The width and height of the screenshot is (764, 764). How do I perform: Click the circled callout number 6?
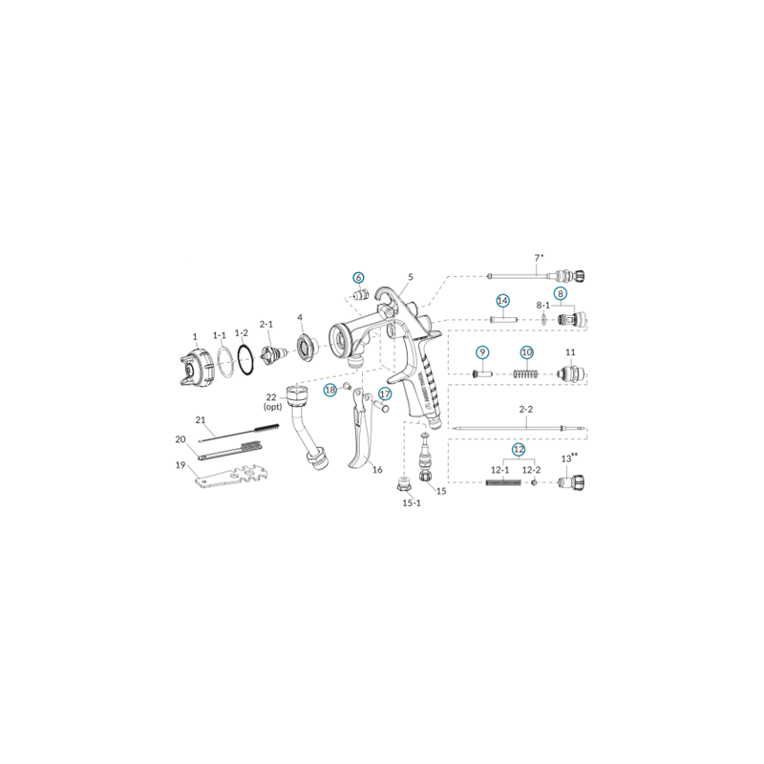[359, 277]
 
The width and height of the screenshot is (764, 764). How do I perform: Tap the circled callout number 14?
[502, 300]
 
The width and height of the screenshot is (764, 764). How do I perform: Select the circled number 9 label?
[482, 352]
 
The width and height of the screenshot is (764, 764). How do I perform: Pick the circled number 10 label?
[525, 352]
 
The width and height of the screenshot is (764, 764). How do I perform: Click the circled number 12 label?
[518, 448]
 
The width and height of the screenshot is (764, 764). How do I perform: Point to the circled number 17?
[386, 393]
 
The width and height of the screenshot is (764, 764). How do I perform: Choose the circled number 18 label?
[330, 390]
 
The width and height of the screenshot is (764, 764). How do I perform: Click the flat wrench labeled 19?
[229, 477]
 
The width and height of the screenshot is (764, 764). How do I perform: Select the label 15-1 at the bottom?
[412, 502]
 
